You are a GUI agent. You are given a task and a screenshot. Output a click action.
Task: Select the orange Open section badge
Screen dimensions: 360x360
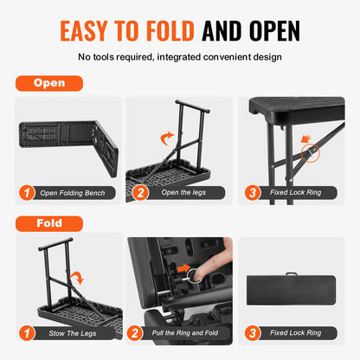(48, 84)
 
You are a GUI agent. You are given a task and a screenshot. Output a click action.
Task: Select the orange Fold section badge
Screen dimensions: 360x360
(48, 222)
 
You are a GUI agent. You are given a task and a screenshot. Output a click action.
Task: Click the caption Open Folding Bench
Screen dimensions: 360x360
(73, 193)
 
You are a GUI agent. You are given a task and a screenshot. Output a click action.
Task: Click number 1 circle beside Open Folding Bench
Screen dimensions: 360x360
(27, 193)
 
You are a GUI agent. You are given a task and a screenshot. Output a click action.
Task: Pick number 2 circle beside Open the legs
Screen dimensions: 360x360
(139, 193)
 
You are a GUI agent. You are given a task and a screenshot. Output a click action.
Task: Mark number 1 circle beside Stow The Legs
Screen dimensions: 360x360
(27, 331)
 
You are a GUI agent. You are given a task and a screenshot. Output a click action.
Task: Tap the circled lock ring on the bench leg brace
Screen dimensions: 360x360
(310, 154)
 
